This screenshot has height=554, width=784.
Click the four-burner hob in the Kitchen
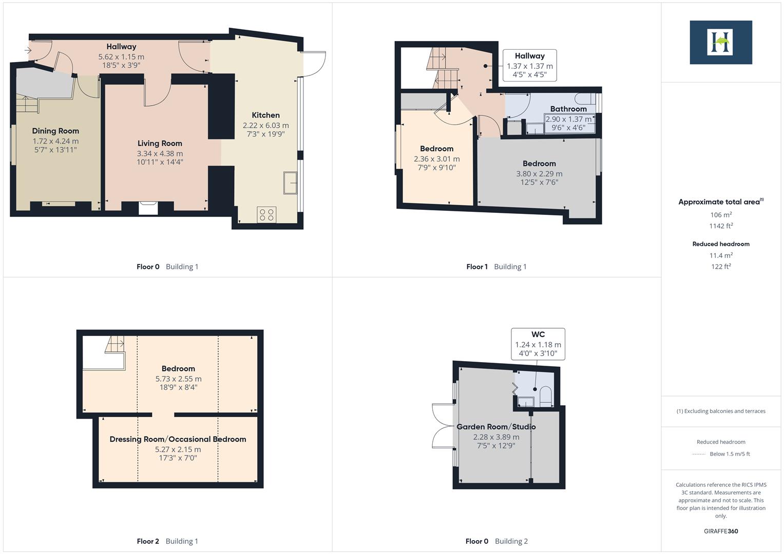[266, 214]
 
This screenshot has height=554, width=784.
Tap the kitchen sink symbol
[290, 183]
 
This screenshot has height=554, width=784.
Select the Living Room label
[160, 144]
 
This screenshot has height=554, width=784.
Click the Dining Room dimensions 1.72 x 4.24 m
[55, 141]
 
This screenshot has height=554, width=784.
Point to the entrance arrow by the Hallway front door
[28, 50]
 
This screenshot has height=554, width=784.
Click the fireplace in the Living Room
[148, 207]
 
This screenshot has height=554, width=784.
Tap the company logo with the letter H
[720, 42]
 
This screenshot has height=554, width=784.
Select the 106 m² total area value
[720, 215]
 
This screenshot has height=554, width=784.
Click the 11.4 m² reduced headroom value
[720, 255]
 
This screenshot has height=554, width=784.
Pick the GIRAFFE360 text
[720, 531]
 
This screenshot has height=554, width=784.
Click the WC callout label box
[538, 344]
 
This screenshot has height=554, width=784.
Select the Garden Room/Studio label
[496, 427]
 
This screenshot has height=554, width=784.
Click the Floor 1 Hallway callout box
[529, 65]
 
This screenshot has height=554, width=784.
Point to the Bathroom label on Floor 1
[568, 109]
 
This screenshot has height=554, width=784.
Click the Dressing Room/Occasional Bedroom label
[178, 439]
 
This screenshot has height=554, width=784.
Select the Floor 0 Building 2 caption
[496, 541]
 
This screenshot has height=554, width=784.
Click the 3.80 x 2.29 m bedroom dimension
[539, 174]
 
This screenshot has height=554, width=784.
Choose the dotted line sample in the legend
[699, 454]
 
